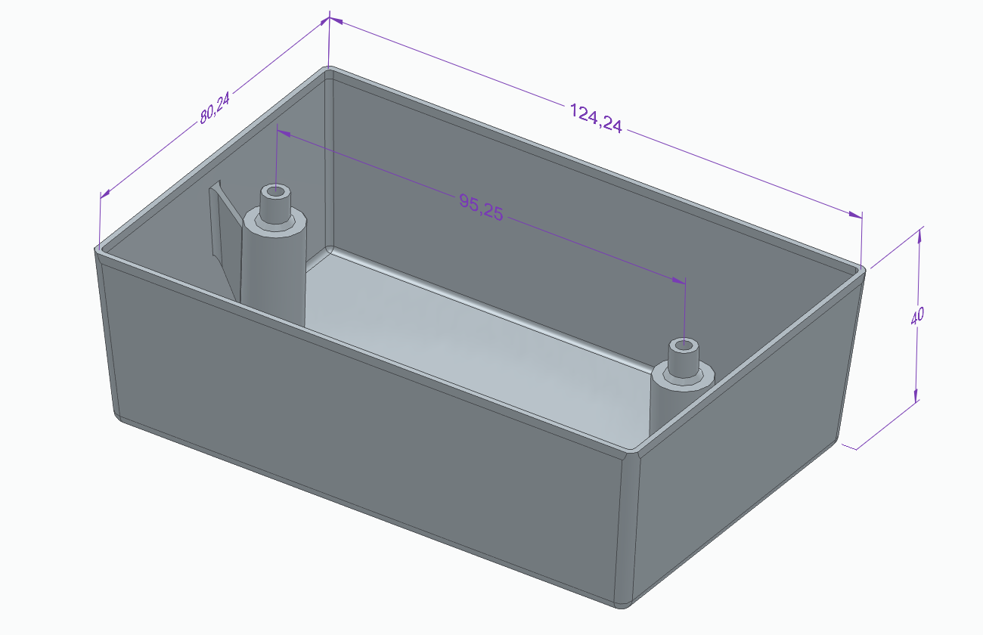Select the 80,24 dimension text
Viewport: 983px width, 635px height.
tap(216, 108)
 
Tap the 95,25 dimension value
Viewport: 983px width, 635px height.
tap(481, 206)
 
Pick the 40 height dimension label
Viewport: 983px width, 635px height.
tap(917, 316)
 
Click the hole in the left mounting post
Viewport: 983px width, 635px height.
tap(276, 191)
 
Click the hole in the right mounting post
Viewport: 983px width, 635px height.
tap(684, 346)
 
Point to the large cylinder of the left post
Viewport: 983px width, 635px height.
tap(272, 272)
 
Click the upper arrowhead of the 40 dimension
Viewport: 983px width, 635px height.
tap(919, 234)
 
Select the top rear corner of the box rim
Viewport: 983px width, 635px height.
tap(329, 70)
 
